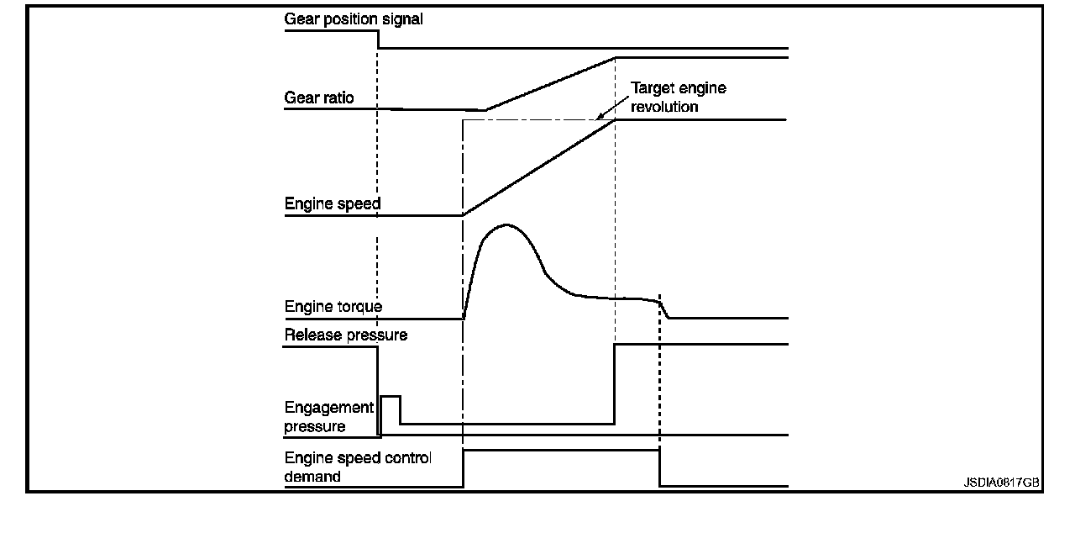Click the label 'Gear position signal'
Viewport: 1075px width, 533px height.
click(x=354, y=19)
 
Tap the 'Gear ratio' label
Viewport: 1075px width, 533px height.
click(x=319, y=98)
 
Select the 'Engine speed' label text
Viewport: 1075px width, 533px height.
click(x=333, y=203)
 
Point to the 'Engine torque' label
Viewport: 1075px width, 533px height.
click(x=333, y=307)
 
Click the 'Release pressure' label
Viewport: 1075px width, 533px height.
click(x=346, y=335)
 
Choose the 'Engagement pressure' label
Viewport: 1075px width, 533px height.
click(x=329, y=417)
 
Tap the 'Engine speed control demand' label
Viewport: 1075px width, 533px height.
click(x=358, y=467)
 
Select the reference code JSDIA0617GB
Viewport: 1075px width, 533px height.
click(x=1001, y=483)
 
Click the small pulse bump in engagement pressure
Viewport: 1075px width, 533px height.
click(x=391, y=396)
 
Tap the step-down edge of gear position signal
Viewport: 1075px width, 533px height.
click(x=379, y=40)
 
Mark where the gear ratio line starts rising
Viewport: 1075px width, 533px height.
click(x=485, y=109)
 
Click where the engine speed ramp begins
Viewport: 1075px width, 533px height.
click(x=464, y=215)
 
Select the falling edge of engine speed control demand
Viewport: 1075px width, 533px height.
click(x=660, y=468)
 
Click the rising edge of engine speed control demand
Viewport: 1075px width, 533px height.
click(x=464, y=468)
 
